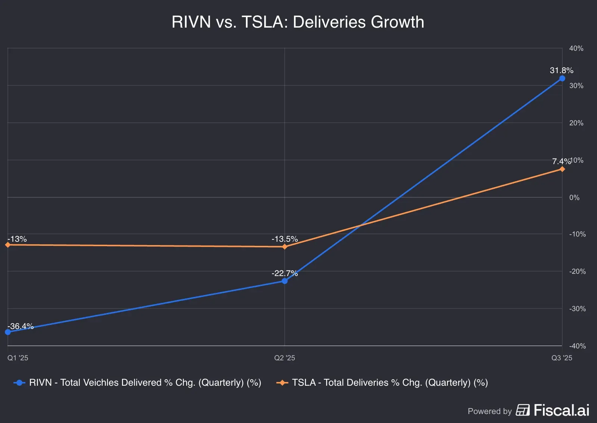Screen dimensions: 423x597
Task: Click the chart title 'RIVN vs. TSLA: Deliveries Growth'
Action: tap(298, 22)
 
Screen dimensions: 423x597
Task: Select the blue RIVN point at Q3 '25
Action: tap(562, 78)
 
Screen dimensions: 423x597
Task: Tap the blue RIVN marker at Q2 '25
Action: tap(285, 281)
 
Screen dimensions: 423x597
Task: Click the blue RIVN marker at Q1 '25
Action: tap(8, 332)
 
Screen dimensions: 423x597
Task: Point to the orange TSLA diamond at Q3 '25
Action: tap(562, 169)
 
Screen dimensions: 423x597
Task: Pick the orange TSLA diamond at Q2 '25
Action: tap(285, 247)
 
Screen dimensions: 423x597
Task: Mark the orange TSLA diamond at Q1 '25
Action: tap(8, 245)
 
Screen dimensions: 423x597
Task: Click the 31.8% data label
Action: tap(561, 70)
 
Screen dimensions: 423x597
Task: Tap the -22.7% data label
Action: tap(285, 273)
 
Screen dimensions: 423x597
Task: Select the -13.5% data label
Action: tap(285, 239)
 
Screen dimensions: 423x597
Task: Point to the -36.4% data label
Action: tap(21, 326)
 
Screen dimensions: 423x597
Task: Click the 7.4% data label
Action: tap(561, 161)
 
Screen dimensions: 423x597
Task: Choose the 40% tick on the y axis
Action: tap(576, 48)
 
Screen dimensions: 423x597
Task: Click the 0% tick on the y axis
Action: tap(574, 197)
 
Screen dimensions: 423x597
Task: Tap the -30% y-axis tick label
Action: tap(577, 308)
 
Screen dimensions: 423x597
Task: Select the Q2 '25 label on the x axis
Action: tap(285, 358)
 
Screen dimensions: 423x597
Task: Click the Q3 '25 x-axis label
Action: tap(562, 358)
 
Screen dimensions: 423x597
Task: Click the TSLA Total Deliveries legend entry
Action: tap(382, 382)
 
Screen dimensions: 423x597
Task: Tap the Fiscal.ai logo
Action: tap(552, 410)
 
